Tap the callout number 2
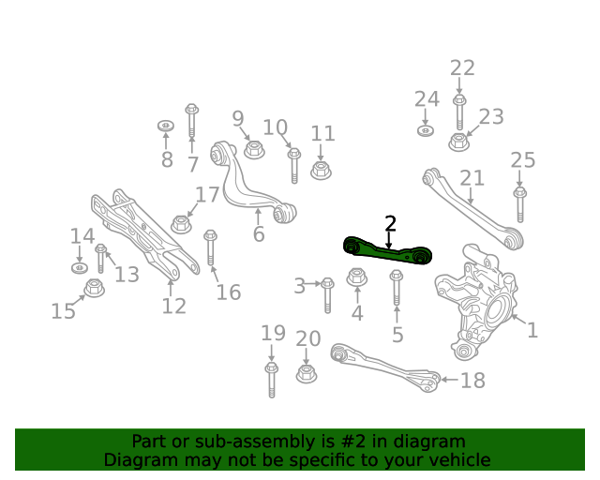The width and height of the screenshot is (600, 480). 390,223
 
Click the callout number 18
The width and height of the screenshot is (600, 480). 473,380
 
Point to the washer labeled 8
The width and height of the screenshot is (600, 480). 166,126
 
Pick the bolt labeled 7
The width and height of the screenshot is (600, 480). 192,122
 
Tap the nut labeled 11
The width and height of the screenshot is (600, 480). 321,170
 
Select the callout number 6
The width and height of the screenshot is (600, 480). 259,232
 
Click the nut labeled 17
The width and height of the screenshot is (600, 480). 181,223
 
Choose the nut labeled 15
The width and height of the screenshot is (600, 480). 94,287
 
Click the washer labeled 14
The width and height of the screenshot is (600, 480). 79,268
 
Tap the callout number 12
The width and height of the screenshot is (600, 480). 173,306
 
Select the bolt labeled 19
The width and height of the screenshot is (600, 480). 272,380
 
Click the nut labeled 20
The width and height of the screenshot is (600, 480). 306,373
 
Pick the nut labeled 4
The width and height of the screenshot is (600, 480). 356,277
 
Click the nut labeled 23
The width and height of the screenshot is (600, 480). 458,142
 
